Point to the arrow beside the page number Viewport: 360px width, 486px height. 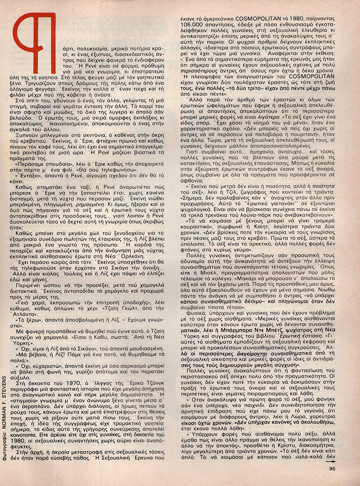pyautogui.click(x=332, y=461)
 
